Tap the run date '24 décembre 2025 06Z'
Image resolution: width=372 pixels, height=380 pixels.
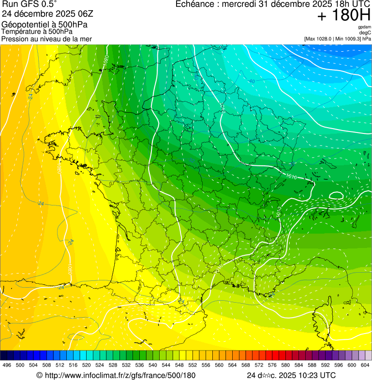click(44, 14)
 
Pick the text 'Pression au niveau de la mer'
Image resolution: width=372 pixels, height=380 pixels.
click(46, 39)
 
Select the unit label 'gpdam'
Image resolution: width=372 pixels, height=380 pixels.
click(364, 27)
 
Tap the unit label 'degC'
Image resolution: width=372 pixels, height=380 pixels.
click(365, 32)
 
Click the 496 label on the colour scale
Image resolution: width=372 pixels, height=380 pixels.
click(7, 365)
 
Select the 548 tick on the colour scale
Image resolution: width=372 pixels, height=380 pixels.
click(179, 365)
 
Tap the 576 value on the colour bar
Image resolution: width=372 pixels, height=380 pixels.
click(272, 365)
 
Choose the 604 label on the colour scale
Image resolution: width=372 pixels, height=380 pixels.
click(365, 365)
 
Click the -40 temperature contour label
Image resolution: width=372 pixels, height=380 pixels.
click(251, 81)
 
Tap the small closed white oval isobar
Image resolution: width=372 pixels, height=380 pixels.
click(336, 195)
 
